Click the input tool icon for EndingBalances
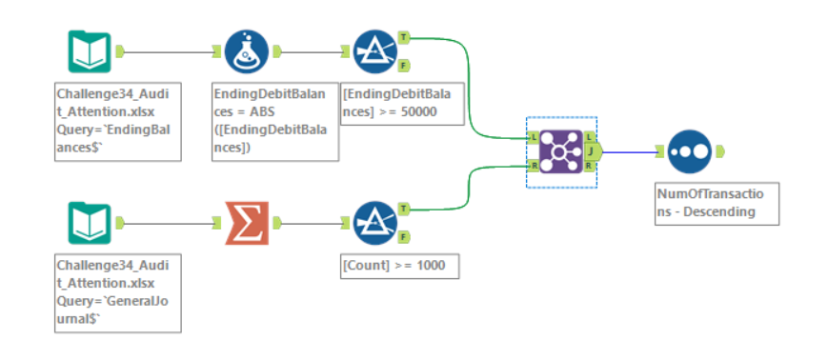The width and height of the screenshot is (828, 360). [90, 51]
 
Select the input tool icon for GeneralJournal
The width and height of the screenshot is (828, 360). [90, 223]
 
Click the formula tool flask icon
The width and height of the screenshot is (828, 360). [247, 51]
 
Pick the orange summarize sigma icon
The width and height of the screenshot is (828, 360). [247, 223]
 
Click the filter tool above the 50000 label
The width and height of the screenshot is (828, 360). [374, 51]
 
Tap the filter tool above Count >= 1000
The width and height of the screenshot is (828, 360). [374, 223]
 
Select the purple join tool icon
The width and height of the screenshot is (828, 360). [561, 152]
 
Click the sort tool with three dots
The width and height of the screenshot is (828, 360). [690, 152]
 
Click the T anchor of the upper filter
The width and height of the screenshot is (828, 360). [404, 37]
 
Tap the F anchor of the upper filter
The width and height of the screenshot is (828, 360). [404, 66]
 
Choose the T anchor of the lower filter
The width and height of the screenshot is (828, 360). [404, 209]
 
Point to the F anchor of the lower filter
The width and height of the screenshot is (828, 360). [404, 237]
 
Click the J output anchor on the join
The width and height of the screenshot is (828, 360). [593, 152]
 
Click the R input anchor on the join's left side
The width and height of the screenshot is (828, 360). [534, 167]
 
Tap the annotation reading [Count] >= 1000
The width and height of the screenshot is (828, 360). [400, 266]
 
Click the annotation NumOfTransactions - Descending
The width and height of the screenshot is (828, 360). [717, 204]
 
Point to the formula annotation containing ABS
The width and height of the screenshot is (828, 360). [275, 121]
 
